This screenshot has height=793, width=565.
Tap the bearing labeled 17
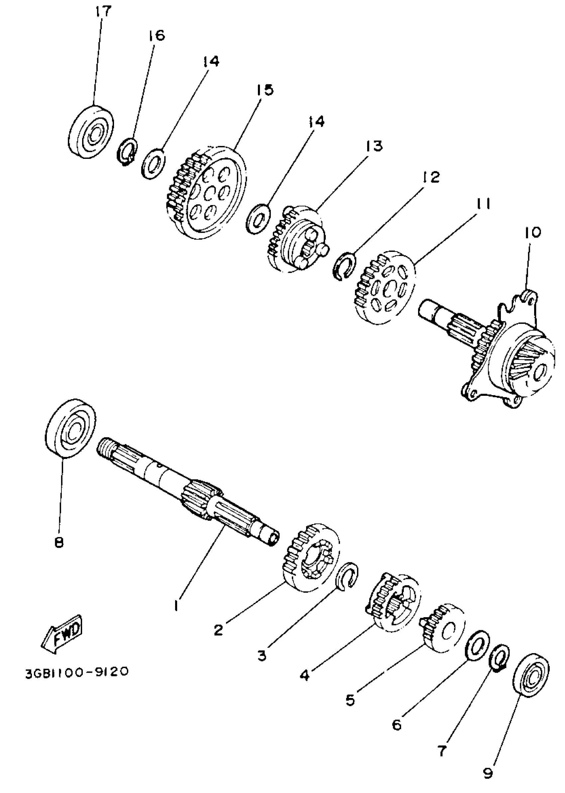tap(91, 132)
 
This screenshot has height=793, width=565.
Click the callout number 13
tap(374, 146)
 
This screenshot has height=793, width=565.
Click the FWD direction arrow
tap(62, 633)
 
